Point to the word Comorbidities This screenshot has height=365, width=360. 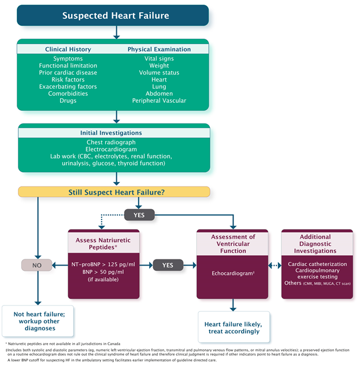point(68,94)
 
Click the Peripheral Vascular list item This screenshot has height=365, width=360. point(159,100)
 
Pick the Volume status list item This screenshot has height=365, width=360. point(159,73)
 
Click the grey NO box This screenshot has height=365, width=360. point(36,265)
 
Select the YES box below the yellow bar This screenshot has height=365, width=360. point(139,215)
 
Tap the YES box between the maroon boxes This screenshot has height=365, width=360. point(167,265)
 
